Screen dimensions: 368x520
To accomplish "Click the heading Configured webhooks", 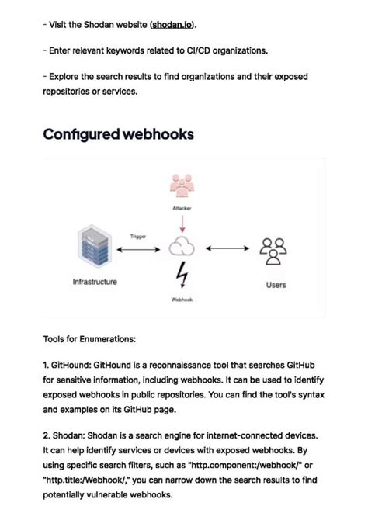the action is pos(118,134).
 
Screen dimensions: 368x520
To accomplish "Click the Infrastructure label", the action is pos(95,282).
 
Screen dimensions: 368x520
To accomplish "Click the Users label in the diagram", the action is pos(276,285).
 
